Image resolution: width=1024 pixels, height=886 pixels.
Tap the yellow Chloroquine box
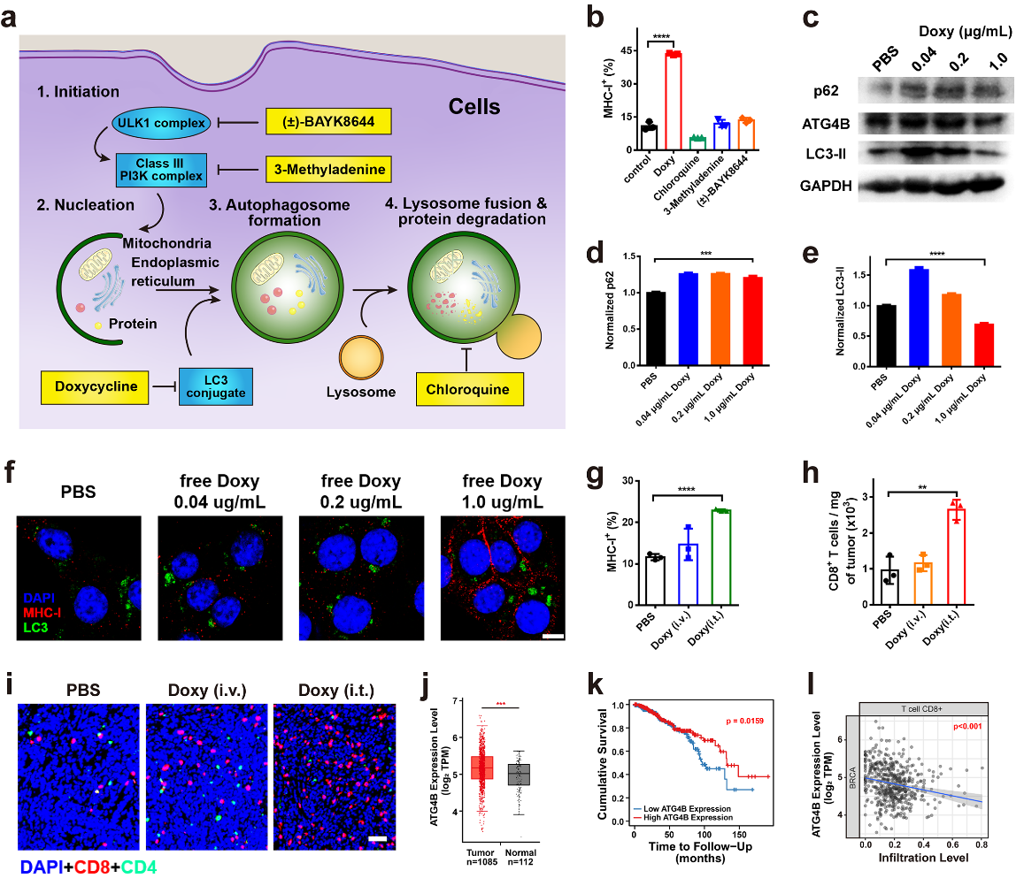[x=466, y=386]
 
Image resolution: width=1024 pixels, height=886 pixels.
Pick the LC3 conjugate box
[x=213, y=386]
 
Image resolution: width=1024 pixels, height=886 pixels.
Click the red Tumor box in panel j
[x=481, y=768]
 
